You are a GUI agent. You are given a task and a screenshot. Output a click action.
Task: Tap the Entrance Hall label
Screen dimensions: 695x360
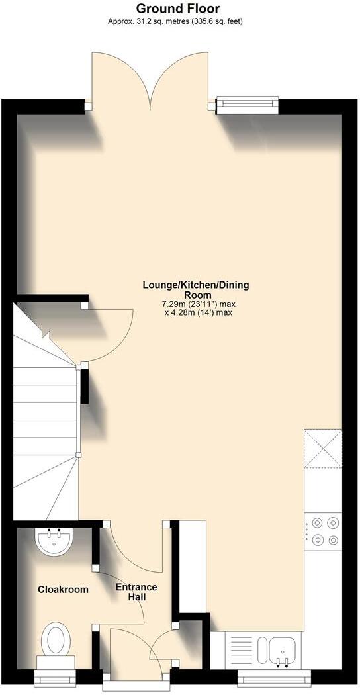(x=136, y=592)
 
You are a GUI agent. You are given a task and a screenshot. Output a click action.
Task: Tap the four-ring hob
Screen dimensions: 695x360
(x=324, y=531)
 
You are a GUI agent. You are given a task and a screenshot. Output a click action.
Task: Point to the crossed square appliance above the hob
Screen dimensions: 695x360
(x=323, y=451)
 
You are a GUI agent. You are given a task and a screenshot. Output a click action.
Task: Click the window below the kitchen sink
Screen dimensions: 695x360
(x=274, y=676)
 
